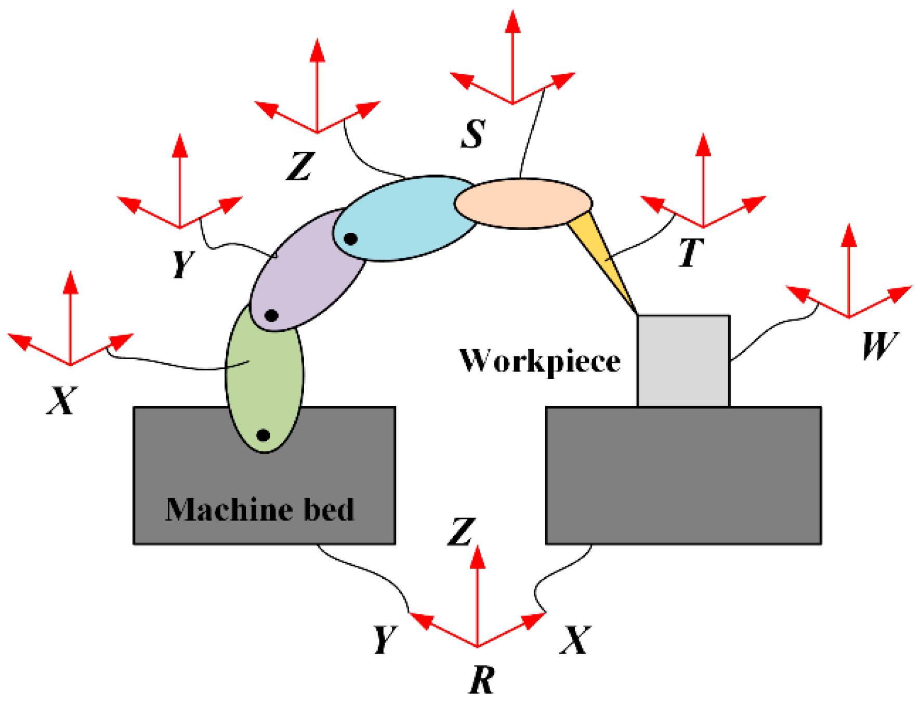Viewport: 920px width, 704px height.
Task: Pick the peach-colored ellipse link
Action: pos(522,203)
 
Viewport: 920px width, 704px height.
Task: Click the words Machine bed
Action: pos(260,509)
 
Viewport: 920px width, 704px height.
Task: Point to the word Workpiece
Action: pos(540,361)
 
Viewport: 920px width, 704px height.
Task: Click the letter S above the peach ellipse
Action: pos(474,134)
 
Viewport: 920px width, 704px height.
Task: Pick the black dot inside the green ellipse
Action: pos(264,435)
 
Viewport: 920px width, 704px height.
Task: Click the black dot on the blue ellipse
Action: pos(351,239)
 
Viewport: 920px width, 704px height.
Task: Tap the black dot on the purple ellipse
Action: pos(271,315)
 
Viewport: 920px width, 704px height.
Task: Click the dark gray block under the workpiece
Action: pos(684,475)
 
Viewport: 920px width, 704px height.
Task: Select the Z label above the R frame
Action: pos(461,532)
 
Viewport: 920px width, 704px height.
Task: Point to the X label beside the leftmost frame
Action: pos(62,401)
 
